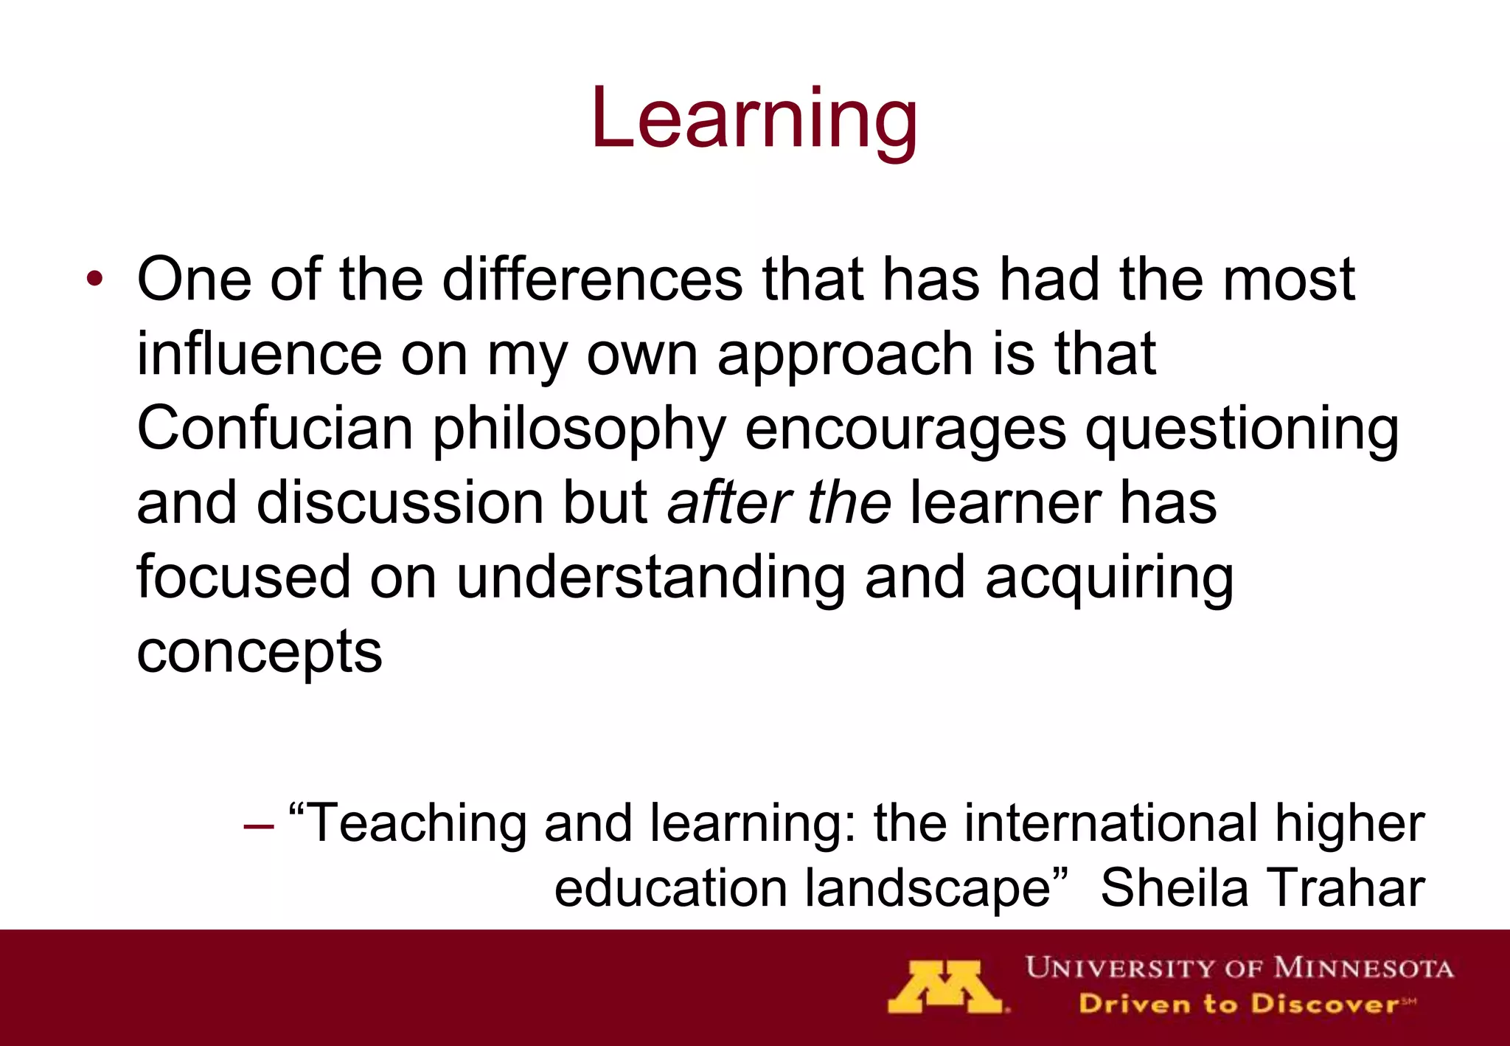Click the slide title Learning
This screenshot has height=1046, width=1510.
tap(754, 118)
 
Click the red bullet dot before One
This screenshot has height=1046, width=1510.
tap(94, 280)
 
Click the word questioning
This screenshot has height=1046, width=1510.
tap(1242, 429)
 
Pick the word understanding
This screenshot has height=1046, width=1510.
tap(651, 578)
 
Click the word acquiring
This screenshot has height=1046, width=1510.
tap(1109, 578)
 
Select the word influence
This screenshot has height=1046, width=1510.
tap(260, 354)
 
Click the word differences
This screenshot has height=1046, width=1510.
tap(592, 280)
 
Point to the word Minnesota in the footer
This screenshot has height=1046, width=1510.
tap(1363, 967)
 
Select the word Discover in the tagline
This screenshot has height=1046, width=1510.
tap(1324, 1004)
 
